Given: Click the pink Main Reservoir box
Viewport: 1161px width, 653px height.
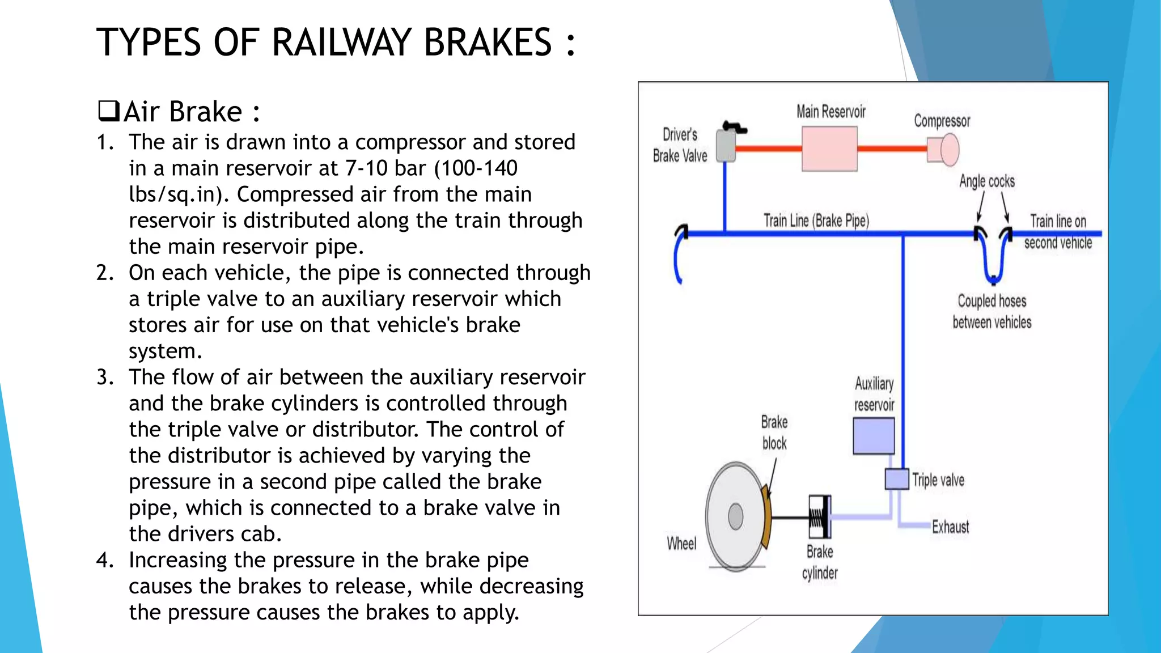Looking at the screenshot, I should coord(829,149).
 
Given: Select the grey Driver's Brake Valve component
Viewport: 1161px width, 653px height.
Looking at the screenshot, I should coord(726,146).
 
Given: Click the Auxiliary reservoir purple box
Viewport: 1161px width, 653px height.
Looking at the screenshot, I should coord(874,436).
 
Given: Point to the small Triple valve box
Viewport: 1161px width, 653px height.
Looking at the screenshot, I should coord(897,479).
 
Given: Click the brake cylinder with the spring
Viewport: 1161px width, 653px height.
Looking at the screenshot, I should coord(820,517).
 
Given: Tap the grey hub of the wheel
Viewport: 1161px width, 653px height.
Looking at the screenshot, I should coord(735,516).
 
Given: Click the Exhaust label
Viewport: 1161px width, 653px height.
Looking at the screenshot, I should coord(950,527).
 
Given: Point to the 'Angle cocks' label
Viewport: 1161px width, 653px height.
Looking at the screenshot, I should coord(986,181).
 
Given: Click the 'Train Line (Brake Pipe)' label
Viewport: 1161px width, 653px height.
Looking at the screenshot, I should coord(816,221).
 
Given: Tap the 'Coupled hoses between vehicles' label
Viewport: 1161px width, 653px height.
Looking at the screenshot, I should coord(991,311).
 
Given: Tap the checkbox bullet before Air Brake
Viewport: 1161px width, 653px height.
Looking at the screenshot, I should coord(108,111).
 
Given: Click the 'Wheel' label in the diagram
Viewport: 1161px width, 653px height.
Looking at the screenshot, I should coord(681,544).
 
